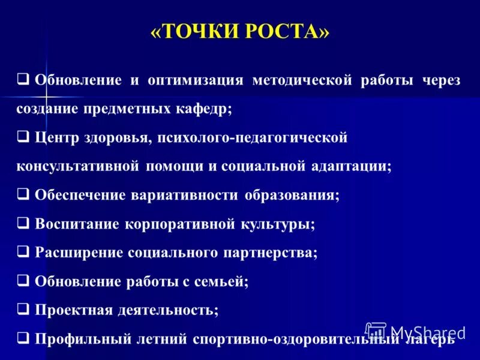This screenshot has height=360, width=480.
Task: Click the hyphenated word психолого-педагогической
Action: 253,137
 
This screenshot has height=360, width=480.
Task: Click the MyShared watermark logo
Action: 415,331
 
